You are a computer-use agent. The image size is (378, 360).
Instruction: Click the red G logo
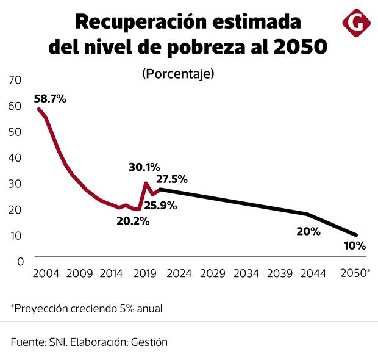click(x=356, y=23)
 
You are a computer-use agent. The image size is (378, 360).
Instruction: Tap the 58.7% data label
click(x=49, y=98)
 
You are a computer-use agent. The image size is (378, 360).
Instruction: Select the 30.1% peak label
click(x=144, y=167)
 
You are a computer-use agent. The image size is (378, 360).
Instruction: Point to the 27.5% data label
click(x=172, y=179)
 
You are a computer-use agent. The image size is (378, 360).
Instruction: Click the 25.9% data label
click(x=161, y=206)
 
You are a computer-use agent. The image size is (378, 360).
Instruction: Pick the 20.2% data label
click(x=133, y=221)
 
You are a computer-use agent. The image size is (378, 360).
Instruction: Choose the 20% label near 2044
click(x=308, y=231)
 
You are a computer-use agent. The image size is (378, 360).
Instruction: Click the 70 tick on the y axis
click(x=15, y=80)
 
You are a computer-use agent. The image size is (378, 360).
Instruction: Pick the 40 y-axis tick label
click(x=15, y=157)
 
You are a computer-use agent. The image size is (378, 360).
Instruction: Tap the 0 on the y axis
click(x=19, y=261)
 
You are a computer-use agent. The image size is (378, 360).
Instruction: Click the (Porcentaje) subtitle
click(x=178, y=74)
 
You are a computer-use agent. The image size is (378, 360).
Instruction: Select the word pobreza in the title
click(x=212, y=47)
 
